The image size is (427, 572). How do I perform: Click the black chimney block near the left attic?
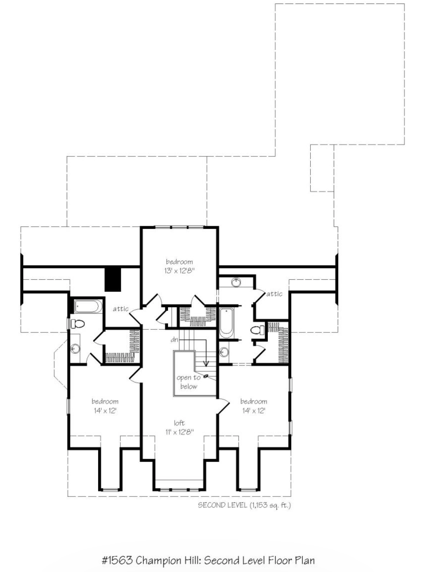113,280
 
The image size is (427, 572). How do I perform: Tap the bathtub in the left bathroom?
88,306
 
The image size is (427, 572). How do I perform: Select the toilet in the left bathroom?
77,324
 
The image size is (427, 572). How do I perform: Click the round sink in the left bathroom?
75,348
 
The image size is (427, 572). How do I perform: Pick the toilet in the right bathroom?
257,330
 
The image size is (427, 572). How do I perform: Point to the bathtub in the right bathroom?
226,323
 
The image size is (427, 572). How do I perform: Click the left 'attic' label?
121,309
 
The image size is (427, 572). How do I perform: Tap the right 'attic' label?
274,294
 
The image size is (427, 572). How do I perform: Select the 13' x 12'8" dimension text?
179,271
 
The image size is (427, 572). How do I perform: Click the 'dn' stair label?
174,339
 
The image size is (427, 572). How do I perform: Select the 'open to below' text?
189,382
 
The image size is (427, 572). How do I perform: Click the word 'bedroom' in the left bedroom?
105,401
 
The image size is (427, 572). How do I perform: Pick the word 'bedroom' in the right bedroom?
253,401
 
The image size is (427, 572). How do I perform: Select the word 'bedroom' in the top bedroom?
179,262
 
